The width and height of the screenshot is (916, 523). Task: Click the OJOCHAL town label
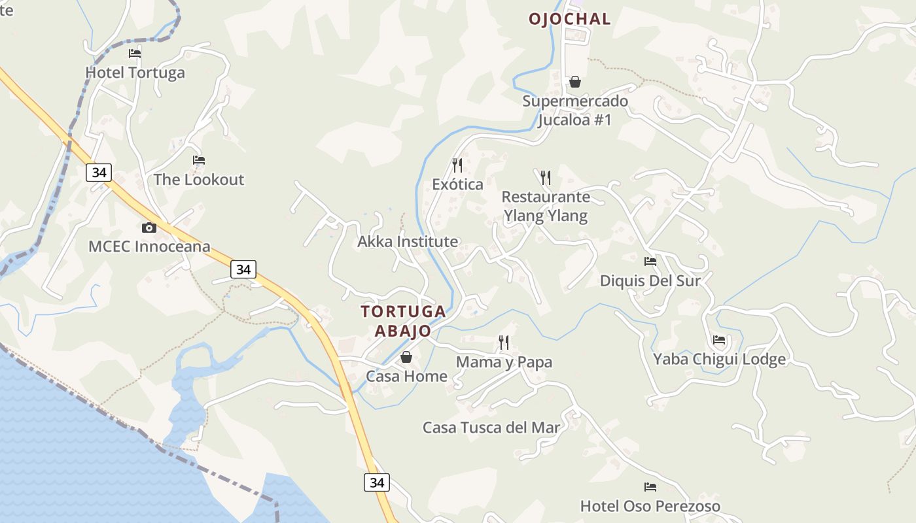[569, 19]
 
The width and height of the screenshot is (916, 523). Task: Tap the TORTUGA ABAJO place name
[403, 321]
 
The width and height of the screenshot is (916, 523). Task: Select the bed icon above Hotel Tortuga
[135, 54]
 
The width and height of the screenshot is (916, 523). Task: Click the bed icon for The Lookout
[199, 160]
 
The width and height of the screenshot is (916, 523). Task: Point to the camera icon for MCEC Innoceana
[149, 228]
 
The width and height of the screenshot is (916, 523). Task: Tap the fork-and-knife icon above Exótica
[457, 165]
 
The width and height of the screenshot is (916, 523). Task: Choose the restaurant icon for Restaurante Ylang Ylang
[545, 177]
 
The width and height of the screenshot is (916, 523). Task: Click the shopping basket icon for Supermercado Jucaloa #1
[574, 82]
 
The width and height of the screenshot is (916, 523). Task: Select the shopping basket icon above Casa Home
[406, 357]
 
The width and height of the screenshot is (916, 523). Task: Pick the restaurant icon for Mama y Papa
[504, 342]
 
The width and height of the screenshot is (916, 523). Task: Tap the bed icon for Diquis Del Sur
[650, 261]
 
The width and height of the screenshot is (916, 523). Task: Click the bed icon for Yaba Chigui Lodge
[719, 340]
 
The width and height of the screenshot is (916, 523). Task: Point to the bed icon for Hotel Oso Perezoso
[650, 487]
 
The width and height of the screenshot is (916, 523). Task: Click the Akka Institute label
[408, 242]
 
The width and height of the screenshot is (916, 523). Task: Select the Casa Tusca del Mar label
[491, 428]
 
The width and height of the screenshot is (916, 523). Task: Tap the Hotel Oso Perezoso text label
[650, 506]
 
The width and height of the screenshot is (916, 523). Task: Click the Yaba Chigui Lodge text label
[719, 360]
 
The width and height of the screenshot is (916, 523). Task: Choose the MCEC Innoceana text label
[149, 246]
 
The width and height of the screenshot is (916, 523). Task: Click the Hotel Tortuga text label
[135, 73]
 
